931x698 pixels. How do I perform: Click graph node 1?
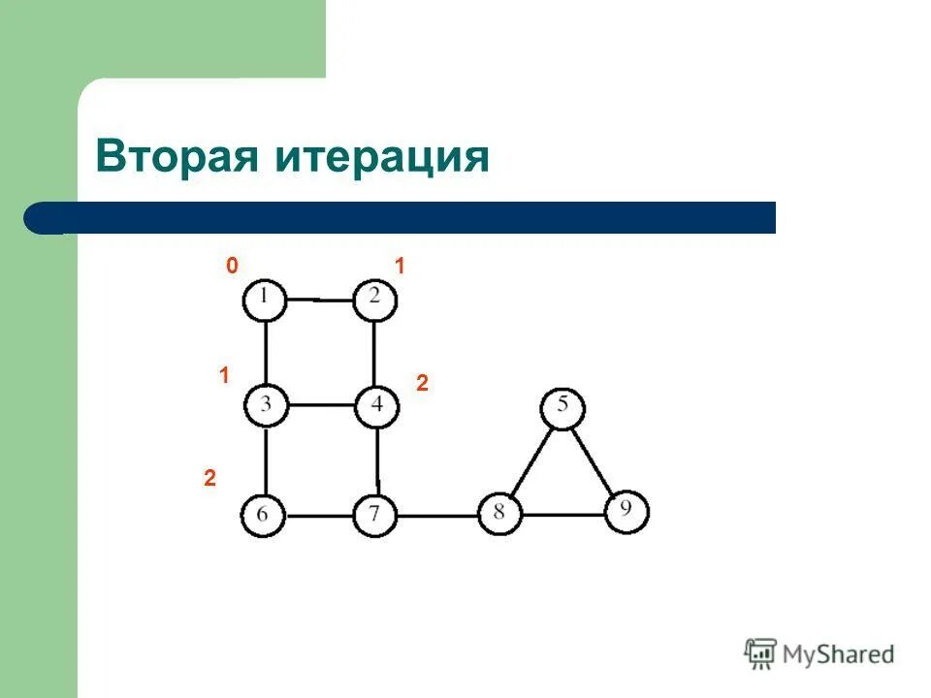tap(264, 300)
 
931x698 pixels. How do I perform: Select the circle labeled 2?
tap(375, 300)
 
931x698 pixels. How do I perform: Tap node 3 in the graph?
tap(265, 405)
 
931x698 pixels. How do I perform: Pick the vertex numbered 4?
tap(376, 405)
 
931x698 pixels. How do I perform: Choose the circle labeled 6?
tap(264, 515)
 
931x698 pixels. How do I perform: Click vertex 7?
tap(375, 515)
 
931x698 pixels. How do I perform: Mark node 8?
tap(499, 513)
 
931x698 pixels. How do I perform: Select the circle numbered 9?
tap(626, 511)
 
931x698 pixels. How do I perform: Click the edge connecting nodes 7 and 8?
tap(437, 516)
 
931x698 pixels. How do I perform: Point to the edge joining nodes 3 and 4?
tap(320, 405)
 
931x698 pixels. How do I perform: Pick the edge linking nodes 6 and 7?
tap(320, 516)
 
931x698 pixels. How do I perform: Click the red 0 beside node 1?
tap(232, 267)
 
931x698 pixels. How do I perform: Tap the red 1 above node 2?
tap(399, 267)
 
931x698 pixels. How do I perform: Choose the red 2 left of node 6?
tap(209, 478)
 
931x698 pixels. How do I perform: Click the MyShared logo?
tap(820, 654)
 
